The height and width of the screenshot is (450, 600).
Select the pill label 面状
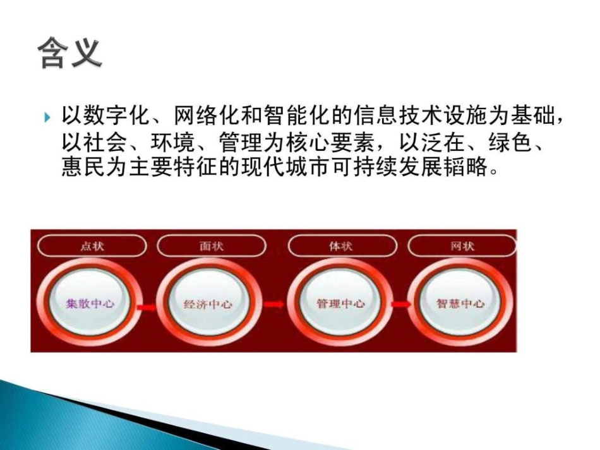tap(212, 246)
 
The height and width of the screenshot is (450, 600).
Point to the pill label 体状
tap(341, 246)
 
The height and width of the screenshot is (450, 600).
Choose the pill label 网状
tap(462, 246)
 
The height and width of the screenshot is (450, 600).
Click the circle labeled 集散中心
tap(90, 303)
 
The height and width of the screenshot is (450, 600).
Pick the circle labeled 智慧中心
tap(461, 304)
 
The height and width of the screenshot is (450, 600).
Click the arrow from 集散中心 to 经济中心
tap(146, 306)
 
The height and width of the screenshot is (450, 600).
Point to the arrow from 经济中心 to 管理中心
tap(273, 304)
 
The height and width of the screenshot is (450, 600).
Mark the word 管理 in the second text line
tap(248, 144)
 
